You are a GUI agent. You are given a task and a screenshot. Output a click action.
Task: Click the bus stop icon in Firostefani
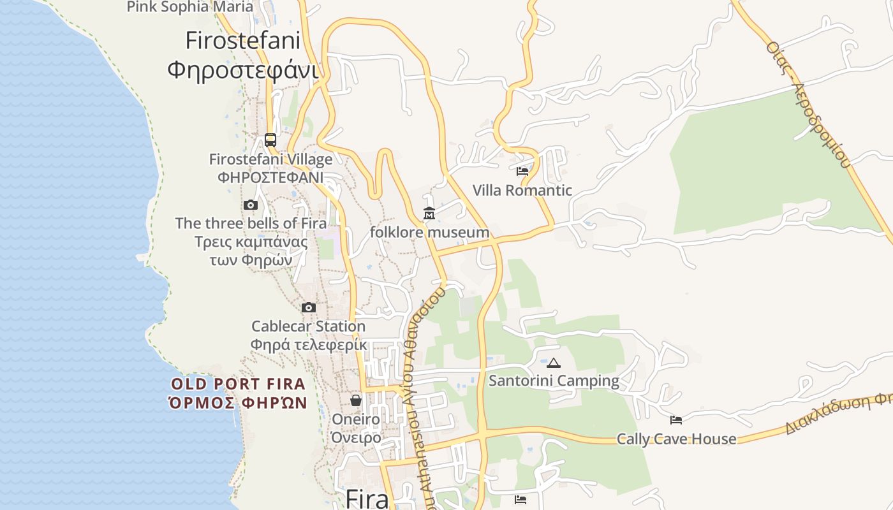click(x=270, y=140)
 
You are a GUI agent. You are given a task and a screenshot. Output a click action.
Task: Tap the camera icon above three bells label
click(x=251, y=205)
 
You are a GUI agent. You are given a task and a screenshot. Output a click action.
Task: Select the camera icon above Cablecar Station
click(x=309, y=307)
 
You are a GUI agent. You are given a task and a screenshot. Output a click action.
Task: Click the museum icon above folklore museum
click(x=429, y=214)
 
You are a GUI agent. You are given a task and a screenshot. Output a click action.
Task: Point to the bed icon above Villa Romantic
click(x=522, y=171)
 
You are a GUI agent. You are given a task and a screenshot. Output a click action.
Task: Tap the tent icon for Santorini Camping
click(x=554, y=363)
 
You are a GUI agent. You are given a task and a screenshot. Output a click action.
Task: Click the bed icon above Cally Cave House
click(x=676, y=419)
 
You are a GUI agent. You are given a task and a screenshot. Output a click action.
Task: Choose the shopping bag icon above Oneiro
click(x=356, y=400)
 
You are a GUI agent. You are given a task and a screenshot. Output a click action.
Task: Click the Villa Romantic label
click(x=522, y=190)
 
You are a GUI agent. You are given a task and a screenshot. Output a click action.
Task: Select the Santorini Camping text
click(x=554, y=381)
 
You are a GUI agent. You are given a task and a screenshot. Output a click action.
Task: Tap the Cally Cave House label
click(x=676, y=439)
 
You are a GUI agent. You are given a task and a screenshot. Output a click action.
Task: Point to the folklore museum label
click(x=429, y=232)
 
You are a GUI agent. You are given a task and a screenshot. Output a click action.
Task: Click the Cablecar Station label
click(x=308, y=326)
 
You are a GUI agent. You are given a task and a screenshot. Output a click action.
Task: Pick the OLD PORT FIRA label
click(x=238, y=384)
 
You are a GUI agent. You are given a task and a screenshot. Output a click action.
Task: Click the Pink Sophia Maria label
click(x=190, y=7)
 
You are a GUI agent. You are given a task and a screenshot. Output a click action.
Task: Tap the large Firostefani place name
click(x=242, y=41)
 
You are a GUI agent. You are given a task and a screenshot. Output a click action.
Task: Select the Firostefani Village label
click(x=270, y=159)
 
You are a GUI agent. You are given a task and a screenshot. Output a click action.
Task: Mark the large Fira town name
click(x=367, y=499)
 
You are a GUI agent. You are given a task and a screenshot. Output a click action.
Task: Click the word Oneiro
click(x=355, y=419)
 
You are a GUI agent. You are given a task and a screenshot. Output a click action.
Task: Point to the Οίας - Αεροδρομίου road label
click(x=809, y=105)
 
